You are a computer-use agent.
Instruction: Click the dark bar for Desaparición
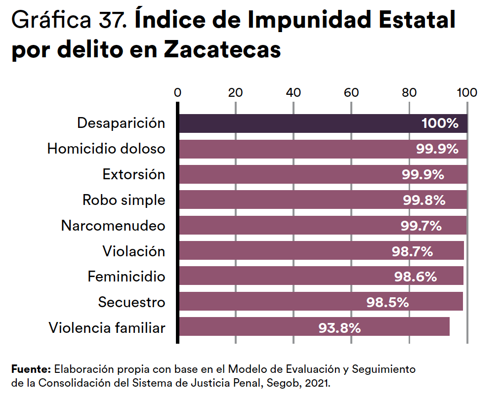point(296,123)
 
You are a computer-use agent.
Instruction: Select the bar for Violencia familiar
point(247,327)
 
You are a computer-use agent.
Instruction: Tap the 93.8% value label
point(339,327)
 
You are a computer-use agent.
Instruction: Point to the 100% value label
point(440,123)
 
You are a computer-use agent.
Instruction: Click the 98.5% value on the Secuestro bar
point(387,302)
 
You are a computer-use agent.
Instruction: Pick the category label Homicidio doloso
point(106,149)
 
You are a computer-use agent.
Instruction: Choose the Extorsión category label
point(133,174)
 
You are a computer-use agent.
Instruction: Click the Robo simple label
point(124,200)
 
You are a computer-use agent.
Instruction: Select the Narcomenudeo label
point(113,226)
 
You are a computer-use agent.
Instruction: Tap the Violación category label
point(133,251)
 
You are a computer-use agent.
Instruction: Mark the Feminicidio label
point(126,277)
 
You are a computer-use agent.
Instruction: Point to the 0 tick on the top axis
point(178,92)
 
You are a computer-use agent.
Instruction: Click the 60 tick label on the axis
point(351,92)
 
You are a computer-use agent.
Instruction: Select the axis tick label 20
point(236,92)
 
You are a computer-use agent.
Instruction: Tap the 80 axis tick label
point(409,92)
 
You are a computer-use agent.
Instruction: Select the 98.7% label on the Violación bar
point(412,251)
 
